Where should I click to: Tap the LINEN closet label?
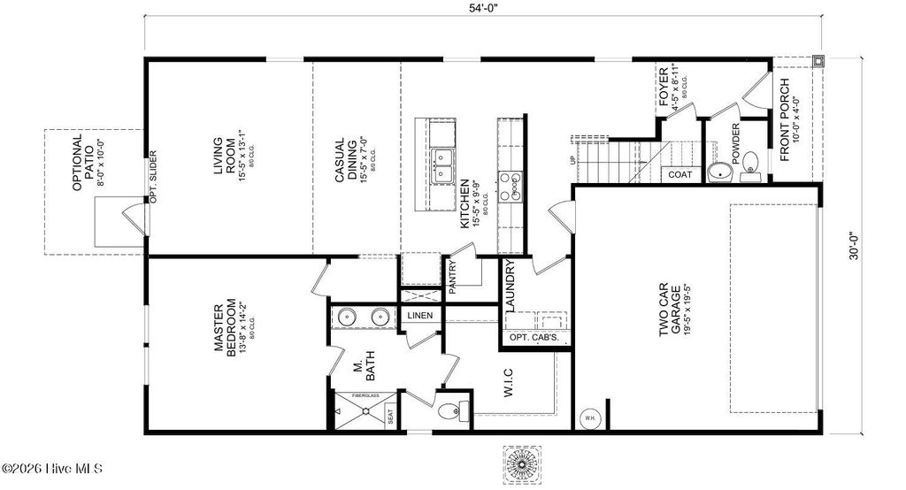[419, 316]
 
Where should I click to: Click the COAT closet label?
[680, 175]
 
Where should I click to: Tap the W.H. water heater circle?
[588, 418]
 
